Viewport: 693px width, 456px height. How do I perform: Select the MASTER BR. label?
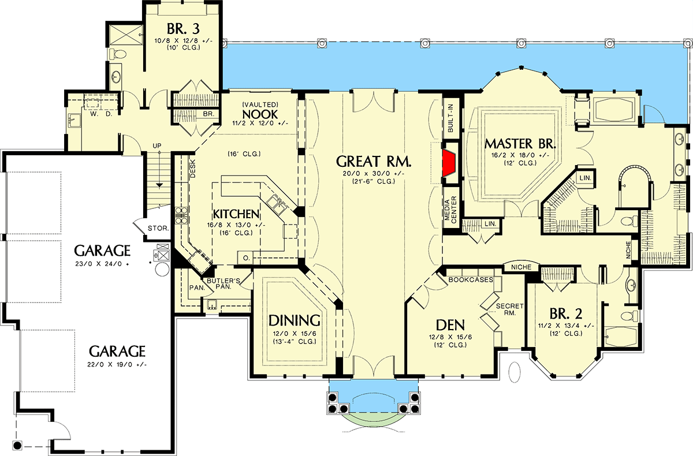[516, 143]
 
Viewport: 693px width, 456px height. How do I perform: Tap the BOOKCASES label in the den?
[470, 279]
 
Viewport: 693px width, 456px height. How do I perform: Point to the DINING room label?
[294, 320]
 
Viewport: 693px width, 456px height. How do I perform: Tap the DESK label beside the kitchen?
[193, 168]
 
